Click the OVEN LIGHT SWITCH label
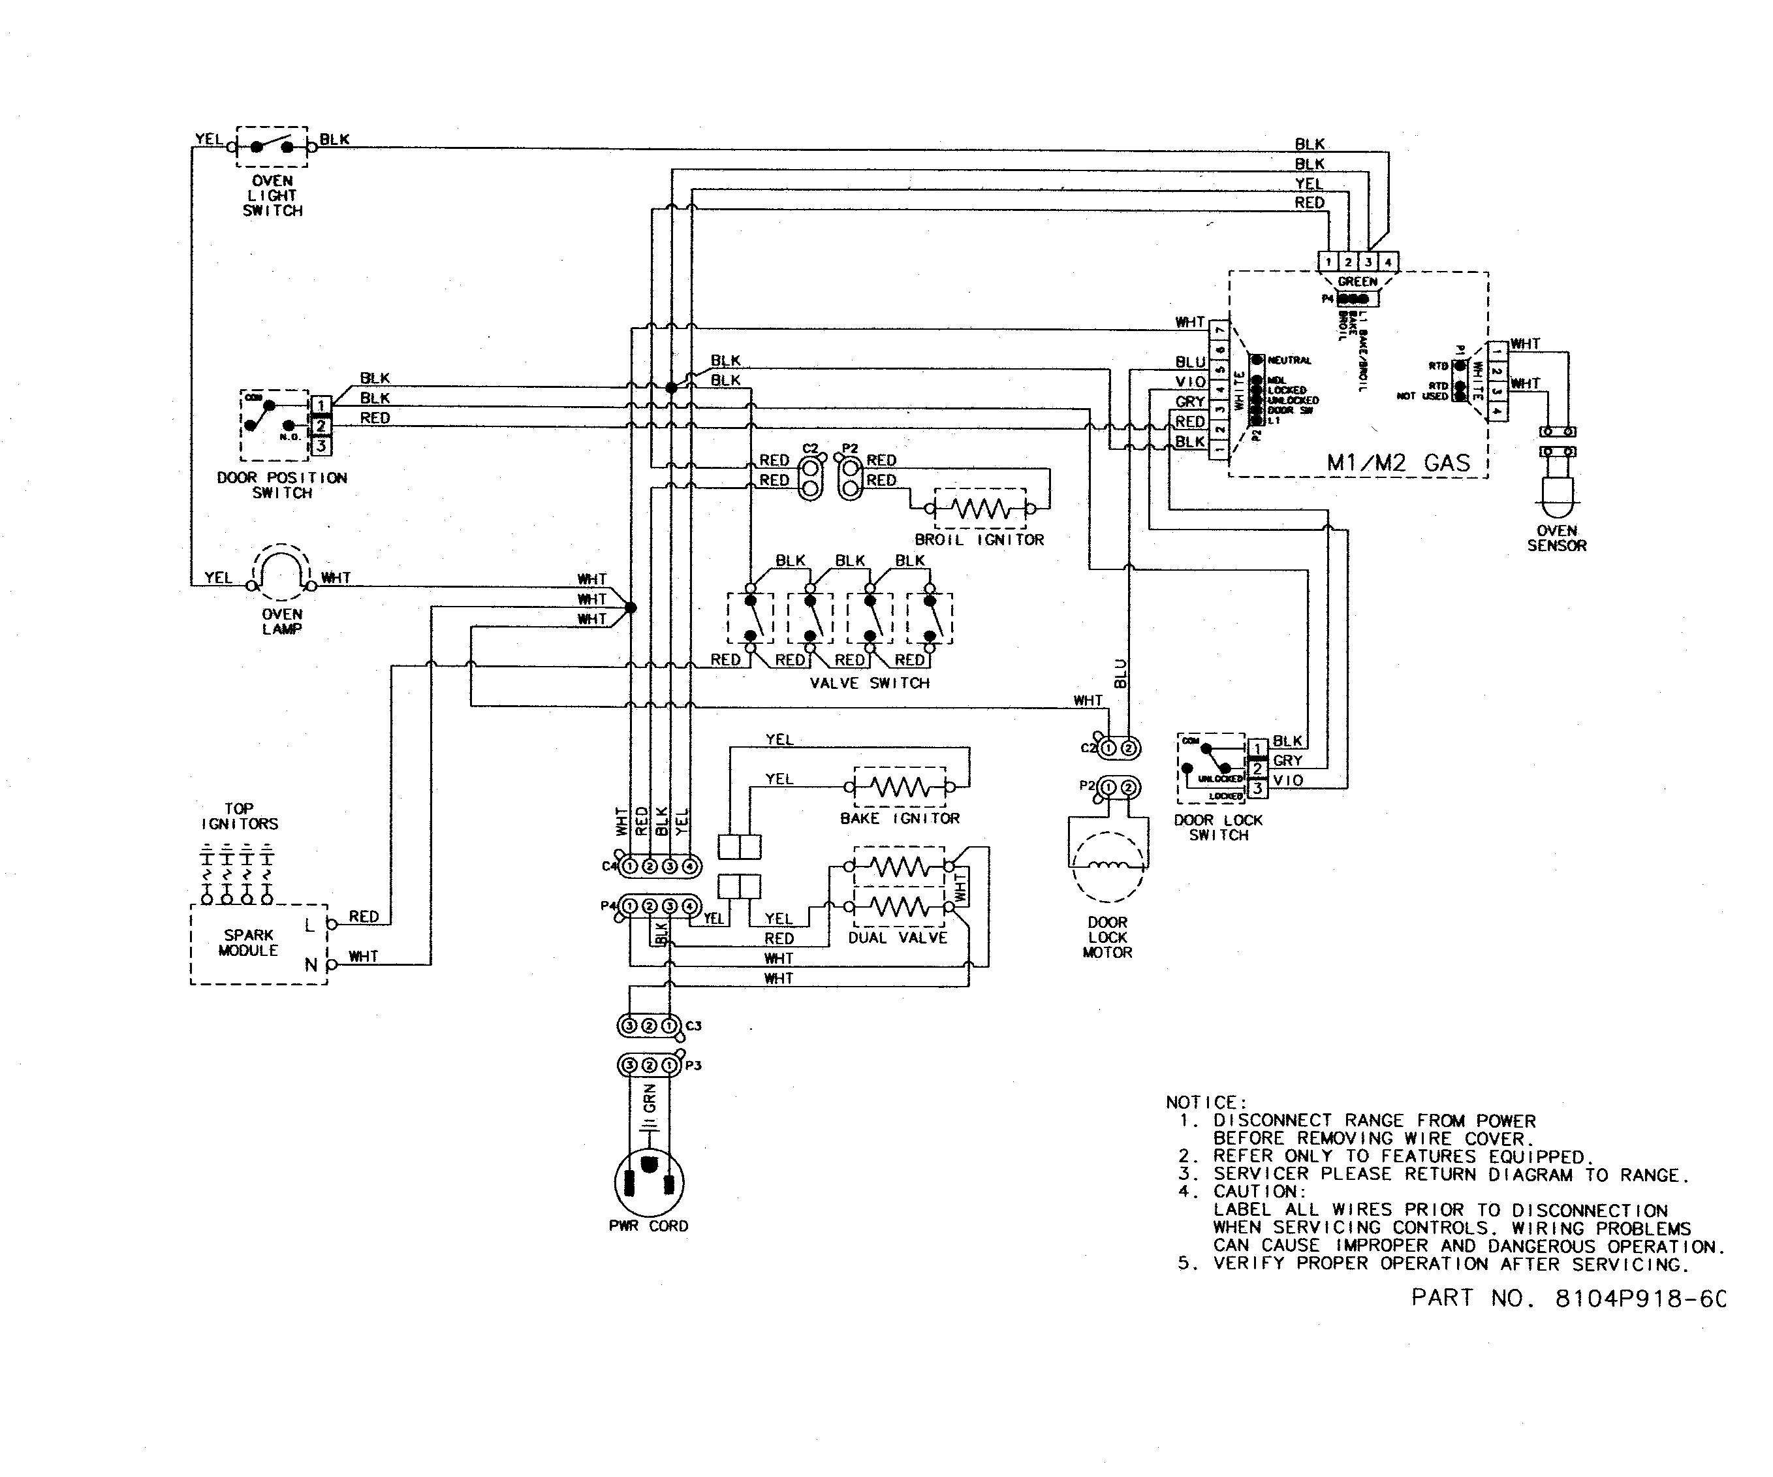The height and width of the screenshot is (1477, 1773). tap(272, 196)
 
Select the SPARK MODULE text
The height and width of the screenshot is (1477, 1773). tap(248, 942)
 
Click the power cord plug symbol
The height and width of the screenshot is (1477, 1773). tap(648, 1181)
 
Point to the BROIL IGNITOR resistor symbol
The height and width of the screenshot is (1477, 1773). tap(979, 509)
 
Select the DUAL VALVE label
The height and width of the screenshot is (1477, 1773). tap(898, 938)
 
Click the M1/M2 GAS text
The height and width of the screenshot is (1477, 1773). tap(1398, 463)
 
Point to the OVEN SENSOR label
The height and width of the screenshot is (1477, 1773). tap(1556, 538)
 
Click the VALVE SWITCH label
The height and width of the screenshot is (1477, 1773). tap(870, 683)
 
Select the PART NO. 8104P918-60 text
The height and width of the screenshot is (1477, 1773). tap(1568, 1298)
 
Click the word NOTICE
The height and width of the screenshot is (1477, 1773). tap(1205, 1102)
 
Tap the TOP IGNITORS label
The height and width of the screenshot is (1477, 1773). tap(239, 816)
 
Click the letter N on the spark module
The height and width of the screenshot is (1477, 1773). tap(310, 964)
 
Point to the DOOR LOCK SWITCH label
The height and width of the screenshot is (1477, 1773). tap(1217, 827)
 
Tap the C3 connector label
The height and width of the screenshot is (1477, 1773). tap(693, 1025)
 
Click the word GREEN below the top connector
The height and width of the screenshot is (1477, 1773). tap(1357, 281)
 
